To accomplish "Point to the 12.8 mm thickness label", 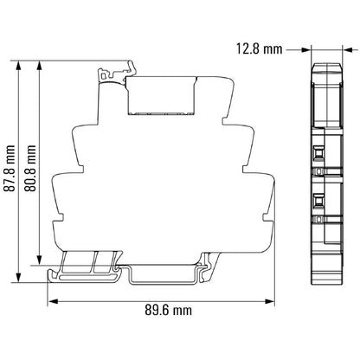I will pyautogui.click(x=260, y=48).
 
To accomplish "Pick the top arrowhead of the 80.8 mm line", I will pyautogui.click(x=42, y=63).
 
